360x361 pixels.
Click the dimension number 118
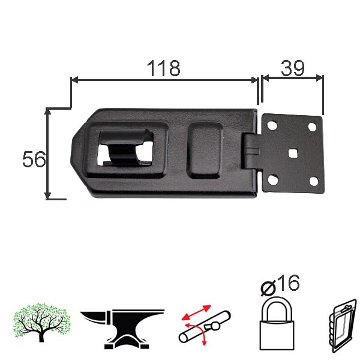coord(164,68)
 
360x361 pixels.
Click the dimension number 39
coord(293,68)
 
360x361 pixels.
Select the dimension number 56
coord(34,159)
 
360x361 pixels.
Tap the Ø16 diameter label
coord(280,285)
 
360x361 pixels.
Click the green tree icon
coord(41,322)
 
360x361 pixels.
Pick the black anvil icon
coord(122,329)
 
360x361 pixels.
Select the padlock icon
coord(277,323)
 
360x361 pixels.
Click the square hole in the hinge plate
coord(293,153)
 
